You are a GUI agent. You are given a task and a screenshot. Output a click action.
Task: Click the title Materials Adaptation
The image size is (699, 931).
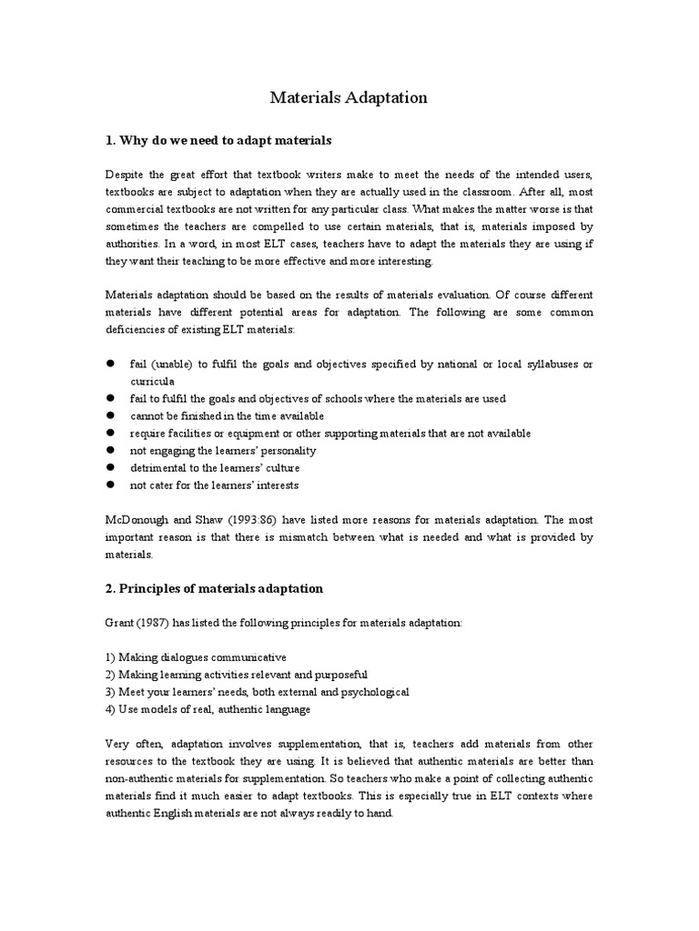click(349, 97)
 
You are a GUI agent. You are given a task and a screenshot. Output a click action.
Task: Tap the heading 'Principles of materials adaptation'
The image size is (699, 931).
click(221, 588)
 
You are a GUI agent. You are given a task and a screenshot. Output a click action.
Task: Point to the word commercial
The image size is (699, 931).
click(137, 209)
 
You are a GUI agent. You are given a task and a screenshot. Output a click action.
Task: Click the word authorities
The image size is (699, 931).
click(137, 244)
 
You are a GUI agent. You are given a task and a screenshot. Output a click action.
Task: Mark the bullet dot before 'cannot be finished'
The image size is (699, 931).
click(109, 415)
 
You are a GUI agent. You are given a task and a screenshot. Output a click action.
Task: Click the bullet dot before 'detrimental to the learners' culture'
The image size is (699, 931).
click(109, 467)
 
